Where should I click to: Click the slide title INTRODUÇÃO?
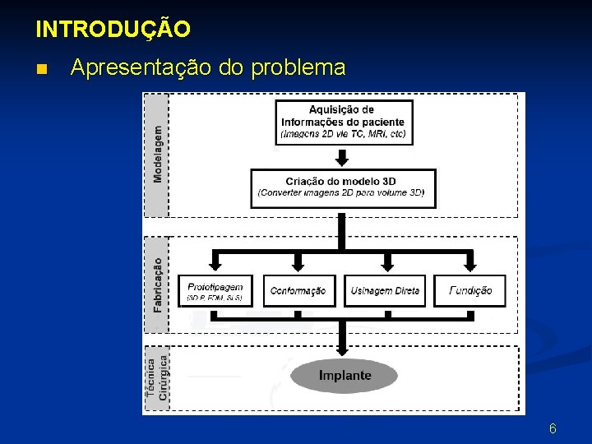(113, 30)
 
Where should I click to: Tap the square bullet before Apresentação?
(42, 69)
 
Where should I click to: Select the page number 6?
(553, 428)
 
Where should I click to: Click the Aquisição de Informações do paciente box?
(343, 122)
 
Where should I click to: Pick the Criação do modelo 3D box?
(343, 187)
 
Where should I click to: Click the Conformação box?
(298, 290)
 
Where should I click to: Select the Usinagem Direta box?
(385, 290)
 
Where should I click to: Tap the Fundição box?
(470, 290)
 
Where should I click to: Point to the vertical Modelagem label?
(157, 154)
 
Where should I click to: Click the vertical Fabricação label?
(157, 284)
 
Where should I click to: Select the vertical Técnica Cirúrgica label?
(157, 377)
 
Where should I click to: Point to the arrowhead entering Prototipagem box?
(215, 265)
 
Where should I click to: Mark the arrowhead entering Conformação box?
(298, 265)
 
